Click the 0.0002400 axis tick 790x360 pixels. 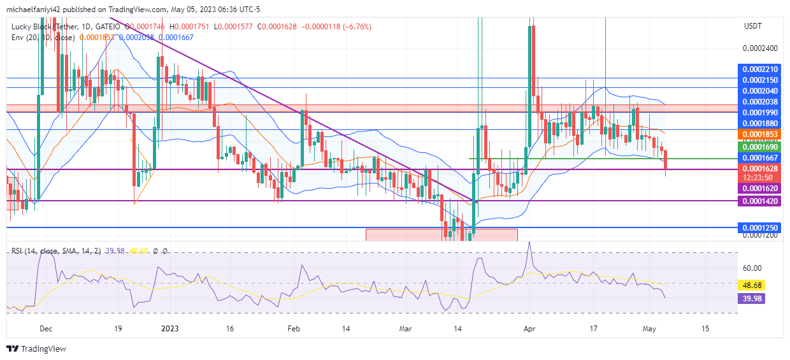tap(760, 48)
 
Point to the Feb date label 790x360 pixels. tap(293, 329)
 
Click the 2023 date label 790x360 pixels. tap(170, 329)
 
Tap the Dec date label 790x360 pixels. tap(45, 329)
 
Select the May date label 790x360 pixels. tap(649, 329)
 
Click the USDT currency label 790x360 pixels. tap(752, 26)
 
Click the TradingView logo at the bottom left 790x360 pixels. tap(36, 349)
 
